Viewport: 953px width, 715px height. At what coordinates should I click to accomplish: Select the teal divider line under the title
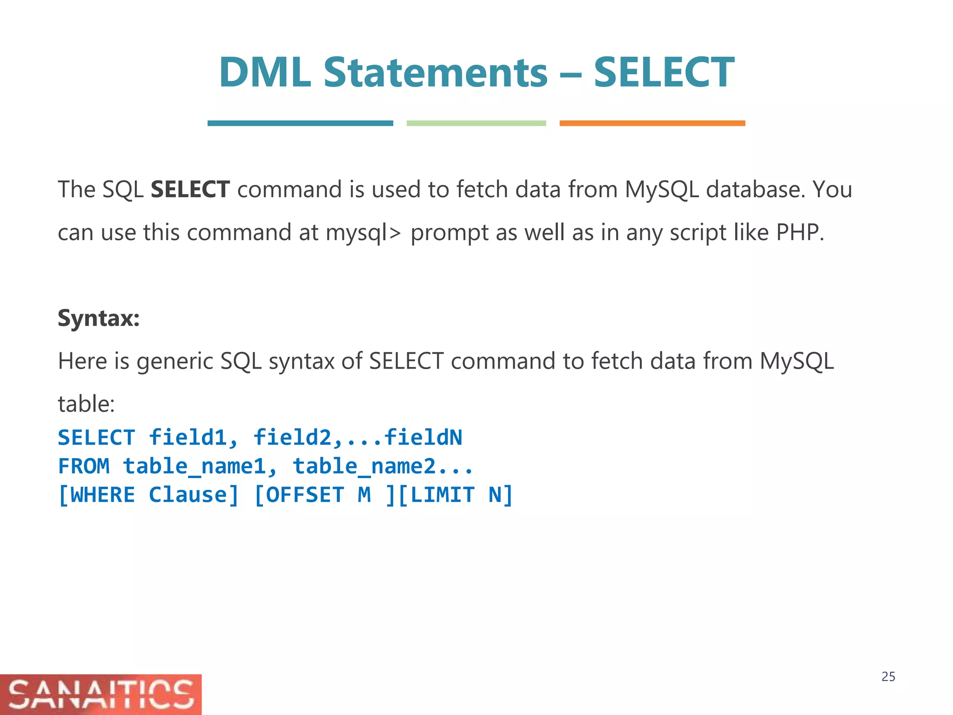[300, 123]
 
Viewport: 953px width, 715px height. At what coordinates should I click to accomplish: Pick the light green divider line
[476, 123]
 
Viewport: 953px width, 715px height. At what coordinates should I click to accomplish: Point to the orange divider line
[652, 123]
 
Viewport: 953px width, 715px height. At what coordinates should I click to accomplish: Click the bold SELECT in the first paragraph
[190, 189]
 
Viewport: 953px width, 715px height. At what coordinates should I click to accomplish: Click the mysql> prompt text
[362, 233]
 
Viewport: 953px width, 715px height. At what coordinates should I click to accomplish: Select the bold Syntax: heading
[99, 318]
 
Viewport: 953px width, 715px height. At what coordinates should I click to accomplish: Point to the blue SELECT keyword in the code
[97, 438]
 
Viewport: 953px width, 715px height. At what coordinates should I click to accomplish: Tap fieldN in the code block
[423, 438]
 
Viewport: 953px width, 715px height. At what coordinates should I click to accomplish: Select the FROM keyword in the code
[84, 466]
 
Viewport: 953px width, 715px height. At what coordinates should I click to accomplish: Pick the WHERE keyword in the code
[102, 495]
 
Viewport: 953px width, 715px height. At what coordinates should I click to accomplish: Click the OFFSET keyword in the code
[305, 495]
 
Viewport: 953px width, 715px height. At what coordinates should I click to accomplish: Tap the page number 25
[888, 677]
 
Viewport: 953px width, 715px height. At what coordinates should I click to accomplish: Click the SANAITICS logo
[101, 694]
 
